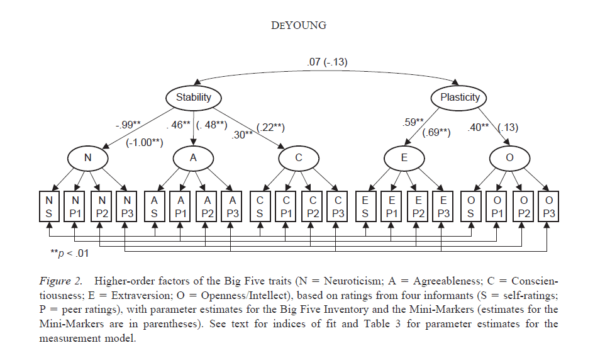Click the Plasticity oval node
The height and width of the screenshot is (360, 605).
click(x=459, y=98)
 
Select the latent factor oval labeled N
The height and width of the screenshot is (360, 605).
click(x=87, y=159)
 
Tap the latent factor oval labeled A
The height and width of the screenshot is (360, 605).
click(x=193, y=159)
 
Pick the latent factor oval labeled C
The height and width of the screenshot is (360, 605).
click(x=299, y=159)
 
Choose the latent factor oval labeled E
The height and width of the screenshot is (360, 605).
click(x=404, y=159)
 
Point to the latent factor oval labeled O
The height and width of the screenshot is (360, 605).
click(x=509, y=159)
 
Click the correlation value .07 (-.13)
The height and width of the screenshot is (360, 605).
click(x=326, y=62)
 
